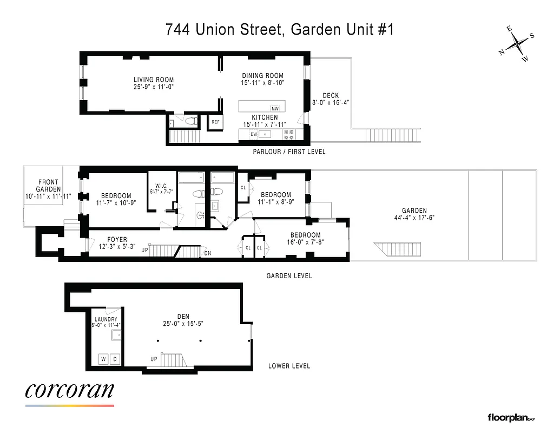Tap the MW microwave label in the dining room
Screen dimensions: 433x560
[x=275, y=108]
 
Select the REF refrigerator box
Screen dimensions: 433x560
[x=215, y=122]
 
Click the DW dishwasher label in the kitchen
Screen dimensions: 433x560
[x=253, y=134]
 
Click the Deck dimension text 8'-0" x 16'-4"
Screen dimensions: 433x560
[x=331, y=102]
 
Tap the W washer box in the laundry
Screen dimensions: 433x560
[x=103, y=358]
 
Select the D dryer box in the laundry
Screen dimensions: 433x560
[x=115, y=358]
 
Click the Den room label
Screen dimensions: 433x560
[x=182, y=317]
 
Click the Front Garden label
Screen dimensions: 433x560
[x=48, y=186]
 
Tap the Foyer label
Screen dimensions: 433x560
[x=117, y=239]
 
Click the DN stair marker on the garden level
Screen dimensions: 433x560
[x=208, y=253]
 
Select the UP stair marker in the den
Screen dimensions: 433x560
[x=154, y=359]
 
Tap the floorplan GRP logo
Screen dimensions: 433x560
[x=510, y=417]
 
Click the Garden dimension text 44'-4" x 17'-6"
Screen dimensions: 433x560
[x=414, y=218]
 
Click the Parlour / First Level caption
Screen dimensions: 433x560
[x=289, y=152]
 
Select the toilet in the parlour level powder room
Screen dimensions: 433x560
[x=190, y=123]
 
